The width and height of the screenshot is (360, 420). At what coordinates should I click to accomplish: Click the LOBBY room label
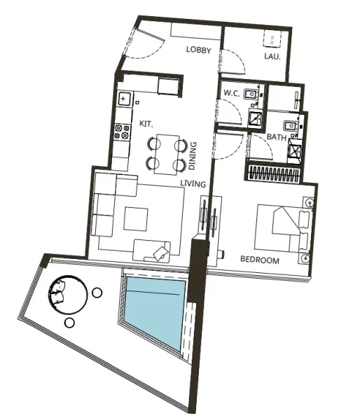(199, 50)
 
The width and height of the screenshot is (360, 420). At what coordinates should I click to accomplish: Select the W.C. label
(233, 93)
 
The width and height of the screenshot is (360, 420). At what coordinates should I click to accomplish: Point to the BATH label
(277, 137)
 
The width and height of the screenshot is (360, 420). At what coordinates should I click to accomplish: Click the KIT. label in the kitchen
(146, 123)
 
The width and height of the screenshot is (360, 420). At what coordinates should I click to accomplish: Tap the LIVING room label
(193, 184)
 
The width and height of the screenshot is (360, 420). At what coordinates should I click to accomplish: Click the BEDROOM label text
(259, 260)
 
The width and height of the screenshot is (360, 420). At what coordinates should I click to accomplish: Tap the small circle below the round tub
(69, 323)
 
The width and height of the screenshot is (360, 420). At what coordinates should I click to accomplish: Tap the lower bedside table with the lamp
(307, 257)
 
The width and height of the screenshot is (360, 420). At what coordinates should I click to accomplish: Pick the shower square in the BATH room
(294, 150)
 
